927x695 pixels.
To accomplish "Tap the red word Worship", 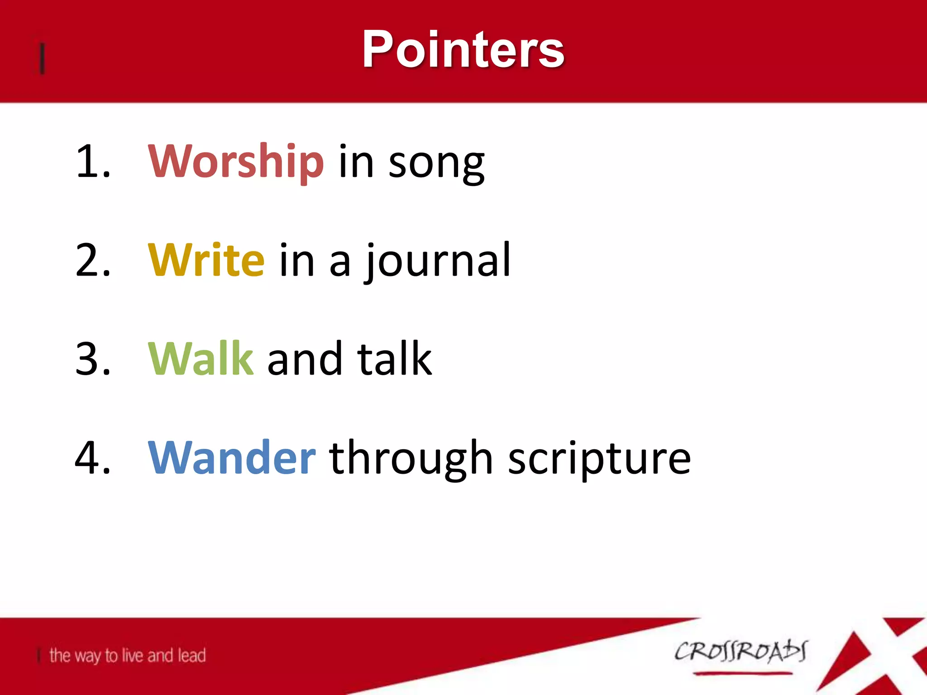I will (236, 161).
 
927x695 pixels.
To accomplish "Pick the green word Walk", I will (201, 358).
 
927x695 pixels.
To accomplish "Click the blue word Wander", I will (231, 458).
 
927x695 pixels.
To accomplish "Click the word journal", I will (438, 261).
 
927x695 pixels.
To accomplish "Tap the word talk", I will (394, 358).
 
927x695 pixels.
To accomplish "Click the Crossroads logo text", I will (741, 652).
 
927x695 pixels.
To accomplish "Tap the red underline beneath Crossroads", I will (742, 674).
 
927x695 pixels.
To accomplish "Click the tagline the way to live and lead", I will (127, 655).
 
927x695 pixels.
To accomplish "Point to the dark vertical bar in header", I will (42, 58).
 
